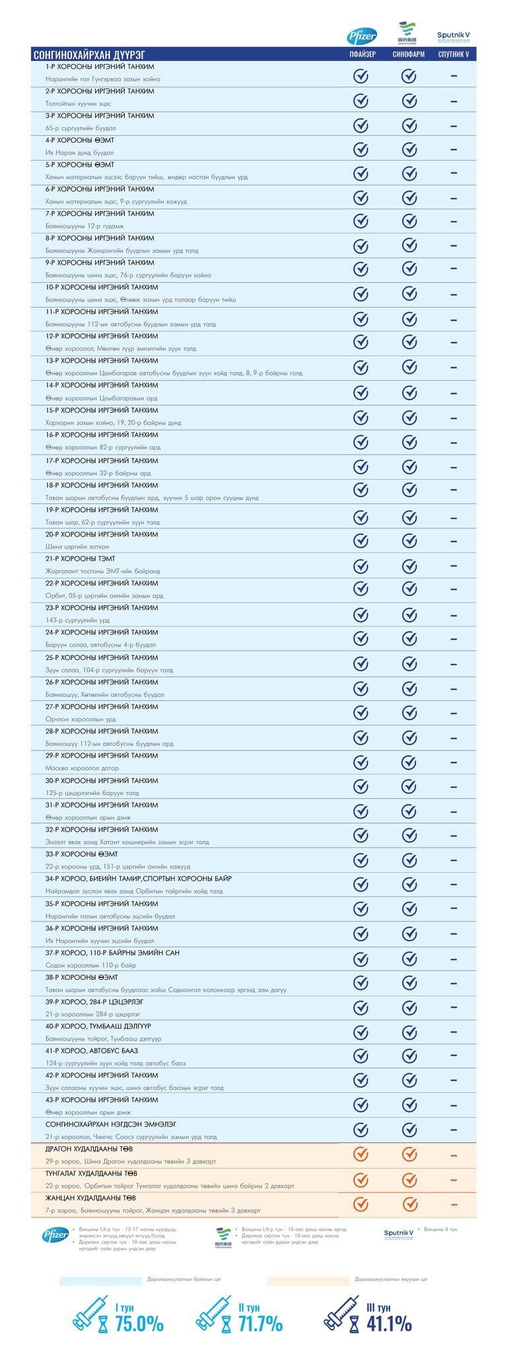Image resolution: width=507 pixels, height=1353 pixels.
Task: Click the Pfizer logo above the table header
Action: pyautogui.click(x=362, y=37)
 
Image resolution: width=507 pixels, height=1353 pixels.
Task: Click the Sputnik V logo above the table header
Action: pyautogui.click(x=454, y=36)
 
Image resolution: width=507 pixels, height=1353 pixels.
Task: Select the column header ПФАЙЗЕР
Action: pyautogui.click(x=362, y=54)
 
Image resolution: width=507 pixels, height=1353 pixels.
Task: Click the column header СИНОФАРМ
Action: pyautogui.click(x=409, y=54)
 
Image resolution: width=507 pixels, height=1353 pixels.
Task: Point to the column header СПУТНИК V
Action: pyautogui.click(x=454, y=54)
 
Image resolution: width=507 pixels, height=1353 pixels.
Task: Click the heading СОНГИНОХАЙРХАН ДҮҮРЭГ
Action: pyautogui.click(x=89, y=54)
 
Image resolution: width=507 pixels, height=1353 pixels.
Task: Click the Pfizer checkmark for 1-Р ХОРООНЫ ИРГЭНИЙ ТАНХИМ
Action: pyautogui.click(x=360, y=76)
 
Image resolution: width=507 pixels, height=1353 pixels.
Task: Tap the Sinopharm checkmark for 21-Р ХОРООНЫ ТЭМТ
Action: pyautogui.click(x=409, y=566)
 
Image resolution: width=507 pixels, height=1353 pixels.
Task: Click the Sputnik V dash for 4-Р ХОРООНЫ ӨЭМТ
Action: pyautogui.click(x=454, y=149)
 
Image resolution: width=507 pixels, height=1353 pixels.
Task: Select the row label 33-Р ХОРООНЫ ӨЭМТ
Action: pyautogui.click(x=82, y=854)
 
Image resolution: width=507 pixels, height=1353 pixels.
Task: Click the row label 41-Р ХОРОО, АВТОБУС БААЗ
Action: pyautogui.click(x=92, y=1050)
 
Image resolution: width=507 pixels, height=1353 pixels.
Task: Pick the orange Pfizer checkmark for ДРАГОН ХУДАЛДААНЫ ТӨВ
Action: pyautogui.click(x=360, y=1154)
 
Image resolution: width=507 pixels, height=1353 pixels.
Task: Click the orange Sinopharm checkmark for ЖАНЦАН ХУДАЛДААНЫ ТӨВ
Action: pyautogui.click(x=409, y=1203)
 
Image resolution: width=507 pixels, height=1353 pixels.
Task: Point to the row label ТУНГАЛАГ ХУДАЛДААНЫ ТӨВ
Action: pyautogui.click(x=91, y=1173)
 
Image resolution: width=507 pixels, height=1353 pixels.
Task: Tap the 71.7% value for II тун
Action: pyautogui.click(x=260, y=1323)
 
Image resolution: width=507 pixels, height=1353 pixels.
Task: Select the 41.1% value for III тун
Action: pyautogui.click(x=389, y=1323)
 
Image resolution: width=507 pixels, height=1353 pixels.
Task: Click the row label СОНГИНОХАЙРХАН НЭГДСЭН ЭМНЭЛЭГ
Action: pyautogui.click(x=111, y=1124)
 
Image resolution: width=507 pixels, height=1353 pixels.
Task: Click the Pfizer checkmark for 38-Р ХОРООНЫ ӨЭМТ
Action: pyautogui.click(x=360, y=982)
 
